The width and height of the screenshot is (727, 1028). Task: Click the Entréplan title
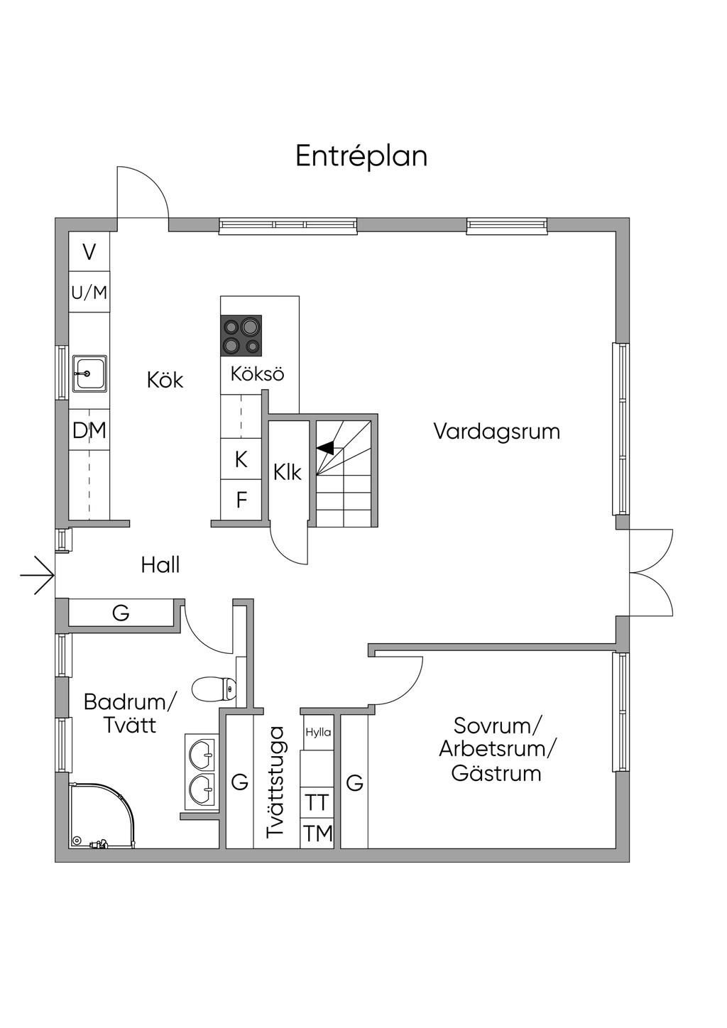361,157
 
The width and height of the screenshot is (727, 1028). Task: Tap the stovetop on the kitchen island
241,336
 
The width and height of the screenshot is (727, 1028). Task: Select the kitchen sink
89,373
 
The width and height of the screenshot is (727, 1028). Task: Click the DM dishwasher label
89,430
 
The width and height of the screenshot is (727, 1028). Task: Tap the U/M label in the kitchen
89,292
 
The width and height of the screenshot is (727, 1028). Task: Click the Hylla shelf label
318,732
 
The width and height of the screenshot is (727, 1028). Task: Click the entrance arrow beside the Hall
38,575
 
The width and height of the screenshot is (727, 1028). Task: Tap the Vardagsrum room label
497,432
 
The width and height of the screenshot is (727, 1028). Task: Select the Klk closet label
288,472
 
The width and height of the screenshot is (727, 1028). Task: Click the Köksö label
258,373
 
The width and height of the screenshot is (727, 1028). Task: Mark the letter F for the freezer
241,501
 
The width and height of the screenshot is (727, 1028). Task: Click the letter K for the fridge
241,459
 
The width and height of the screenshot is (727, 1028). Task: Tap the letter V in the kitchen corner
89,252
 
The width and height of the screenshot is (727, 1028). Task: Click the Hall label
160,565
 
